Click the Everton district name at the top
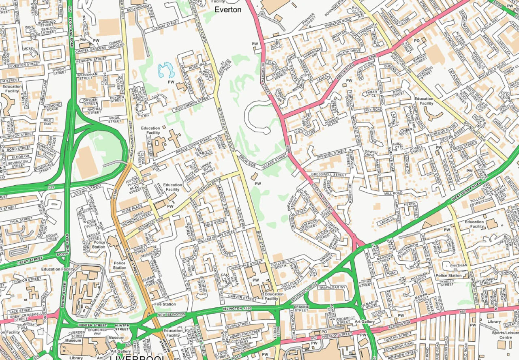pos(227,9)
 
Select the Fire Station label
pos(165,304)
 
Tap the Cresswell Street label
pos(329,175)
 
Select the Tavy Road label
pos(372,110)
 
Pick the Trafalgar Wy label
pos(332,287)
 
